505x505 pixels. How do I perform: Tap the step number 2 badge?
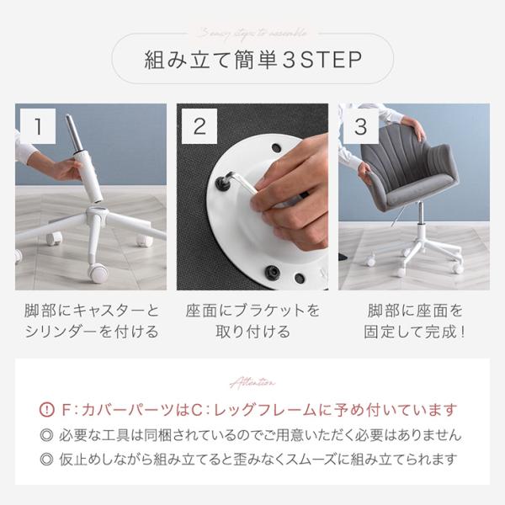199,126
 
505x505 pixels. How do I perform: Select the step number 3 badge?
360,126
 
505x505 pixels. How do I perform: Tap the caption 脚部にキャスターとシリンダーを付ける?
90,321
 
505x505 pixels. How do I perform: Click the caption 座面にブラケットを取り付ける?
252,321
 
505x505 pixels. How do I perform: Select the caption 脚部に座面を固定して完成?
414,321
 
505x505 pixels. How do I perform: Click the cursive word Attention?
252,382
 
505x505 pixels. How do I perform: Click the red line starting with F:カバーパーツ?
260,411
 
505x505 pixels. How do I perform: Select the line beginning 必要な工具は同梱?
260,435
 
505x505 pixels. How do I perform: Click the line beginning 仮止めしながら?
260,460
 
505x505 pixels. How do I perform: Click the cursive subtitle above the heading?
252,33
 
